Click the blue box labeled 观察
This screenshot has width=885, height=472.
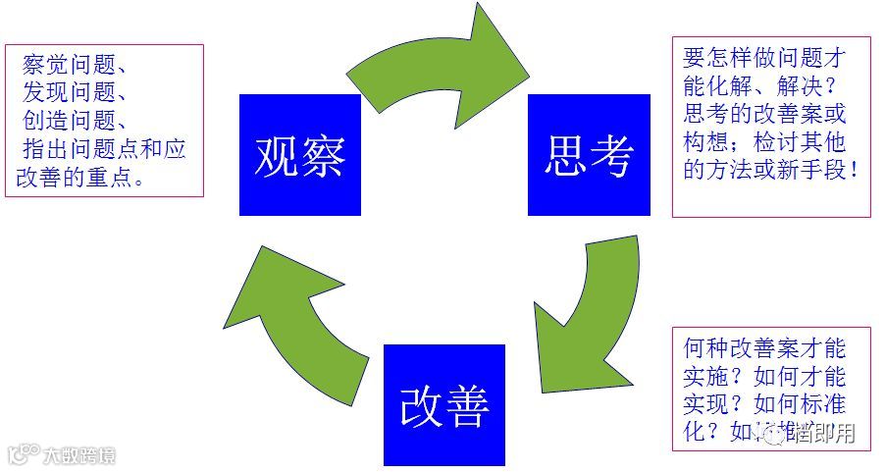click(x=299, y=155)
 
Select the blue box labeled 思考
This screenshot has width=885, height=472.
click(x=589, y=155)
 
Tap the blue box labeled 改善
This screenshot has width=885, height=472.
click(x=443, y=404)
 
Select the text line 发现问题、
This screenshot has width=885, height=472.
click(x=74, y=94)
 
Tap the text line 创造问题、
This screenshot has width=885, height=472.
click(x=74, y=122)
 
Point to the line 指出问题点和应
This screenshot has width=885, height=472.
click(x=103, y=149)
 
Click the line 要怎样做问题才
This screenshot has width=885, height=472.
click(x=763, y=57)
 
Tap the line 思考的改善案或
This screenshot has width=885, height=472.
click(x=763, y=114)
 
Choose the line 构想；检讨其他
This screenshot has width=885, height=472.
click(x=763, y=141)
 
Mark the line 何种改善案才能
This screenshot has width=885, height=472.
click(x=763, y=348)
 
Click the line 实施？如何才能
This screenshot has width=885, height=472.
click(x=763, y=377)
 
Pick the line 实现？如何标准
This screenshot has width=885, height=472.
click(x=763, y=404)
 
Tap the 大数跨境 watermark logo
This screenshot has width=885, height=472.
click(x=63, y=455)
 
